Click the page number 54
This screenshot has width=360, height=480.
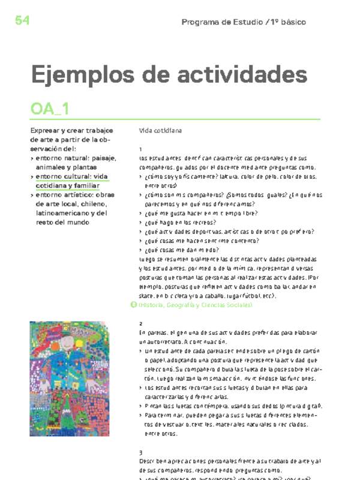pos(22,20)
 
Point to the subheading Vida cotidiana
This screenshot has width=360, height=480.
pos(160,130)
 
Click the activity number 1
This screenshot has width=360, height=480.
pos(140,149)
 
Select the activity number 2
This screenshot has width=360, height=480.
pos(140,323)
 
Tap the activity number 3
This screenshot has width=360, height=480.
pos(140,452)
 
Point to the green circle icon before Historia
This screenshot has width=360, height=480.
pos(134,305)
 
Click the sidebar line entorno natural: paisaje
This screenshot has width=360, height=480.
pos(76,158)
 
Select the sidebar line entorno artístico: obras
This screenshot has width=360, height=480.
pos(75,194)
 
